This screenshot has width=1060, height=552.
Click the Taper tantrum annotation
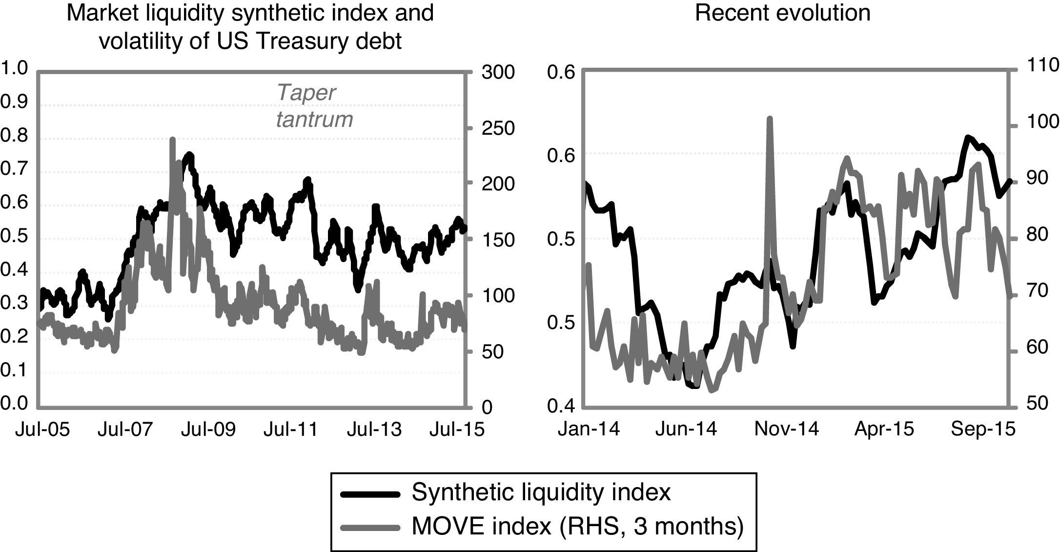[x=314, y=106]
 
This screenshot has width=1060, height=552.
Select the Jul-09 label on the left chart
[x=207, y=430]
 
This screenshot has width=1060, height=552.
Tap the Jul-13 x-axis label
[x=374, y=430]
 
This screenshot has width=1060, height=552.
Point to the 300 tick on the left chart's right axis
[x=498, y=72]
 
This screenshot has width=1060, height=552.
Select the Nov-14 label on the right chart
[x=786, y=429]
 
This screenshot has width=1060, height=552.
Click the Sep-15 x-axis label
[x=983, y=429]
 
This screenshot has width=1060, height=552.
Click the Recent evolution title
[x=782, y=13]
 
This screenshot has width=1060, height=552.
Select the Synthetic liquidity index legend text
[x=541, y=492]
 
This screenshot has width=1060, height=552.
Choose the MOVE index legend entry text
[x=577, y=526]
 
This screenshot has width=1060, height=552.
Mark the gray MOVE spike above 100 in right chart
[x=770, y=119]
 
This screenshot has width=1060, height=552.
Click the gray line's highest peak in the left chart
[x=172, y=140]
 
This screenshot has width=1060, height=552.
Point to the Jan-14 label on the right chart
[x=589, y=429]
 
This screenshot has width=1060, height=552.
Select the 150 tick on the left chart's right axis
[x=498, y=240]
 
